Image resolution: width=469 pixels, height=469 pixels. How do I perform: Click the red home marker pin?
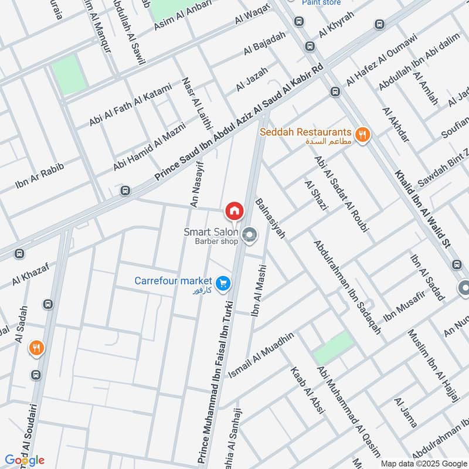pyautogui.click(x=234, y=210)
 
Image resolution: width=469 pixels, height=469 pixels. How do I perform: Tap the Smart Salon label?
pyautogui.click(x=211, y=232)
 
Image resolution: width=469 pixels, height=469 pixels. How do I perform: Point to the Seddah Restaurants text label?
pyautogui.click(x=306, y=133)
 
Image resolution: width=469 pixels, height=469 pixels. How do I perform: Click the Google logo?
pyautogui.click(x=25, y=460)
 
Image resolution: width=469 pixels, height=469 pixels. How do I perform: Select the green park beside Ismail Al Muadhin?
pyautogui.click(x=334, y=348)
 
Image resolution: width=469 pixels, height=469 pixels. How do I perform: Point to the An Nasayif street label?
pyautogui.click(x=196, y=183)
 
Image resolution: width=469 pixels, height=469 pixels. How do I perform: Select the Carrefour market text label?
pyautogui.click(x=173, y=281)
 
